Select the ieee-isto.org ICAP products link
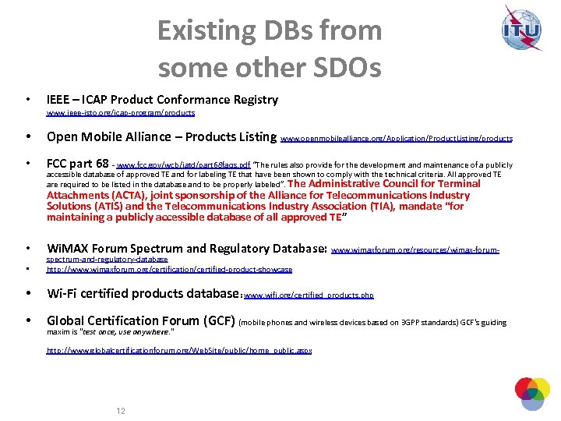pyautogui.click(x=121, y=113)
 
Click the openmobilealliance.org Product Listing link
pyautogui.click(x=397, y=139)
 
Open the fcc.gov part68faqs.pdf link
pyautogui.click(x=183, y=165)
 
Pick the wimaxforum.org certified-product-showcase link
pyautogui.click(x=169, y=270)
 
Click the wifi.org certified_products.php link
pyautogui.click(x=309, y=296)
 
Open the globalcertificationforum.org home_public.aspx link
pyautogui.click(x=179, y=351)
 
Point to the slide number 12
pyautogui.click(x=121, y=411)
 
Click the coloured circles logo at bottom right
pyautogui.click(x=532, y=394)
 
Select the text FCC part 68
pyautogui.click(x=78, y=164)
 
